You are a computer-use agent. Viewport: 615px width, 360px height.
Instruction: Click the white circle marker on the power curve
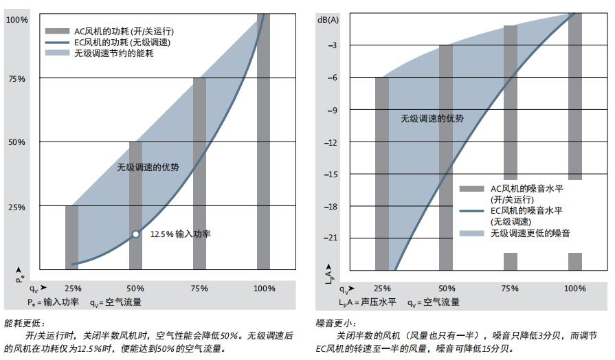[x=136, y=234]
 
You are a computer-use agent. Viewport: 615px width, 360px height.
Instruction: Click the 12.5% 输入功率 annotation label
[x=180, y=234]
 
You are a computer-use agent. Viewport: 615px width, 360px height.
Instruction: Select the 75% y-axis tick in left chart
[x=16, y=79]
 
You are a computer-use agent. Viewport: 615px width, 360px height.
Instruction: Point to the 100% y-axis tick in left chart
[x=16, y=20]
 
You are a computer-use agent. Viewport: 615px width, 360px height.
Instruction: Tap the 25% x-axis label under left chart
[x=72, y=289]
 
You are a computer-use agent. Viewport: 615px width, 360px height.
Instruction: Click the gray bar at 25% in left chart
[x=72, y=237]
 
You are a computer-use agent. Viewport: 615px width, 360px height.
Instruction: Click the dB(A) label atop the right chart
[x=328, y=19]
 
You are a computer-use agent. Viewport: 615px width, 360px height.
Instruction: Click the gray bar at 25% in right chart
[x=382, y=172]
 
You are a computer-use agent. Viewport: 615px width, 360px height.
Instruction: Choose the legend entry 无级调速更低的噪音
[x=530, y=234]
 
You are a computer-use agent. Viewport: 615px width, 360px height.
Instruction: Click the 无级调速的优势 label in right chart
[x=432, y=118]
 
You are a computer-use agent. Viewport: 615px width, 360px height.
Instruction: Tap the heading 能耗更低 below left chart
[x=24, y=323]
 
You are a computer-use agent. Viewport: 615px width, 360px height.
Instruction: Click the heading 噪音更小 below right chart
[x=336, y=323]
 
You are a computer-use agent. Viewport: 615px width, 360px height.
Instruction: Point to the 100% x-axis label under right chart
[x=574, y=289]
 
